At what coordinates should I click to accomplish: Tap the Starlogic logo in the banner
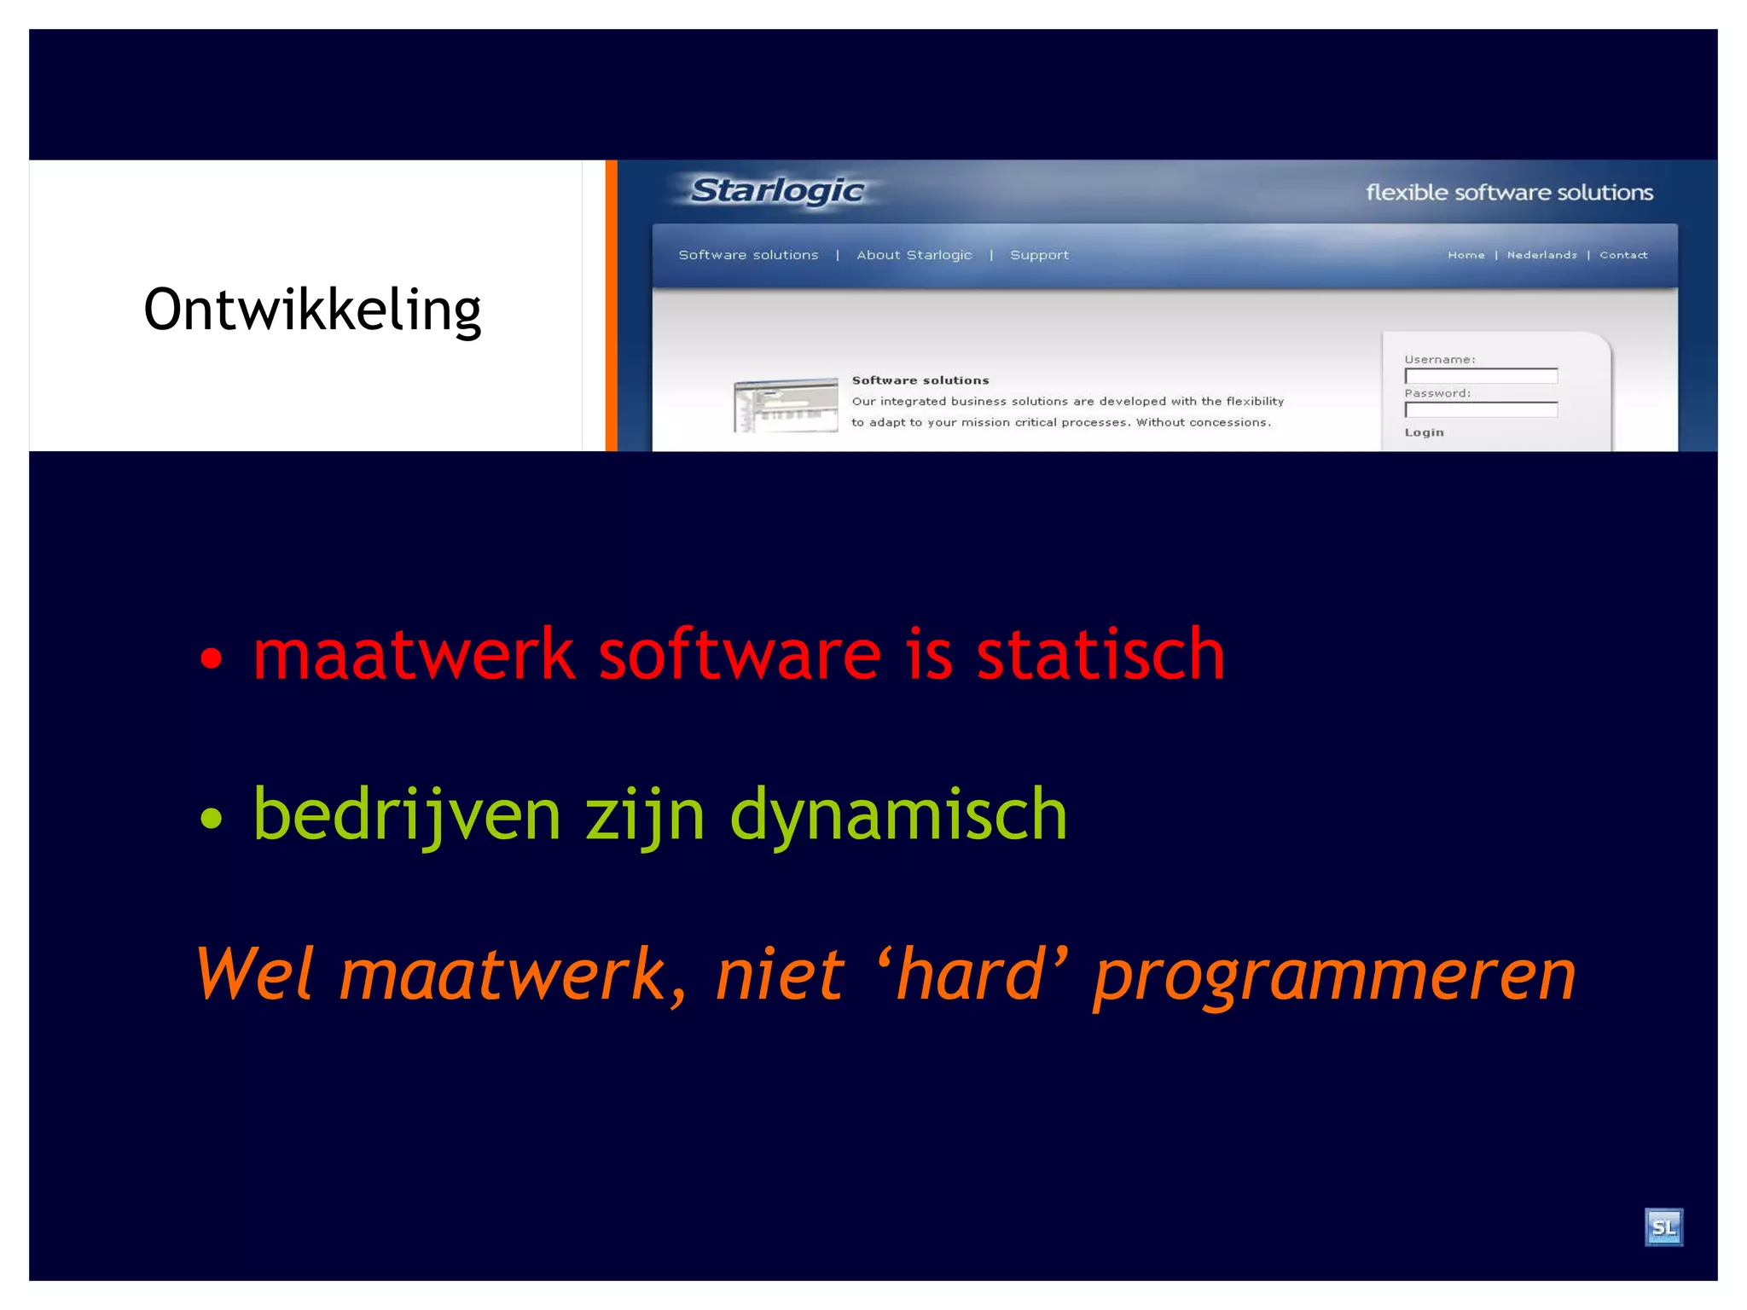pos(776,190)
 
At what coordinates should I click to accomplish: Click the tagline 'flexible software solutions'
pos(1509,193)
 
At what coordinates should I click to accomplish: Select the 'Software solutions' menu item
pos(748,255)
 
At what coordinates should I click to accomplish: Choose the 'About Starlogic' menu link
pos(914,255)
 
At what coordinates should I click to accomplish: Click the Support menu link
pos(1039,255)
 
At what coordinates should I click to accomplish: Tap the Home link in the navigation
pos(1466,255)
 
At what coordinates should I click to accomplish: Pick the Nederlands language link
pos(1541,255)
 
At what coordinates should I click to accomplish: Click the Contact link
pos(1622,255)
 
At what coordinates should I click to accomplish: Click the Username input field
pos(1481,376)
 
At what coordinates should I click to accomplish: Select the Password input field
pos(1481,410)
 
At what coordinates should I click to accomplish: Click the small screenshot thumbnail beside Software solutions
pos(786,405)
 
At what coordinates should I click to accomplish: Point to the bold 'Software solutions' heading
pos(920,380)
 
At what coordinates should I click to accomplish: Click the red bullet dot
pos(211,658)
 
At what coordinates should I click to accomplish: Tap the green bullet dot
pos(211,819)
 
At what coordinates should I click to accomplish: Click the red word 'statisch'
pos(1100,654)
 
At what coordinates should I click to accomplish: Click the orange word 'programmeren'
pos(1335,976)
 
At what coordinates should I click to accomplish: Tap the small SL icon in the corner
pos(1663,1227)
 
